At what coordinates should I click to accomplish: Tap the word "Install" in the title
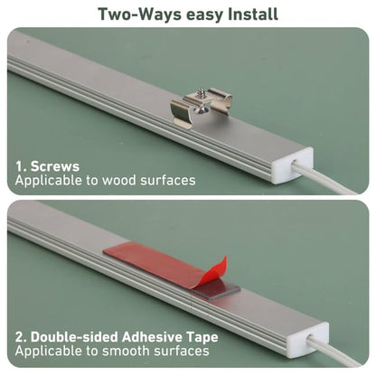pyautogui.click(x=252, y=14)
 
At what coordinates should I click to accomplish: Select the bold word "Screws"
pyautogui.click(x=55, y=166)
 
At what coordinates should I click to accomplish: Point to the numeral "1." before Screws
pyautogui.click(x=22, y=166)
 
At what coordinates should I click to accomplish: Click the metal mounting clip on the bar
pyautogui.click(x=202, y=107)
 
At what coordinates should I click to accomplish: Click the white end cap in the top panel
pyautogui.click(x=292, y=165)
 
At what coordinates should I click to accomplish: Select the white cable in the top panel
pyautogui.click(x=327, y=179)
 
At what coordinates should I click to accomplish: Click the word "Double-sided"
pyautogui.click(x=74, y=337)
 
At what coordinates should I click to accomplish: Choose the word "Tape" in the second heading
pyautogui.click(x=202, y=337)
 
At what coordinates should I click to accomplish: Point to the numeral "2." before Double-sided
pyautogui.click(x=22, y=337)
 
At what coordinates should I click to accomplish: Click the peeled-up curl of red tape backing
pyautogui.click(x=211, y=273)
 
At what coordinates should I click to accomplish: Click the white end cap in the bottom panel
pyautogui.click(x=307, y=340)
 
